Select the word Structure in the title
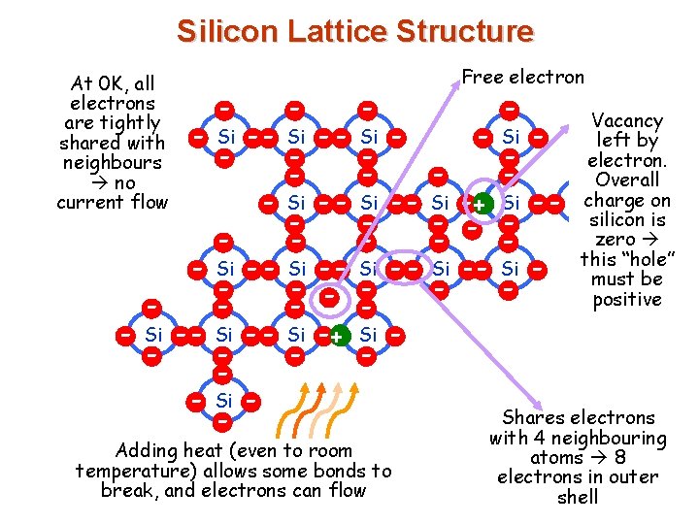[x=466, y=32]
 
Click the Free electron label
[x=523, y=77]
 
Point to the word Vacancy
[x=627, y=121]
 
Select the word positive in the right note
[x=627, y=299]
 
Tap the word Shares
[x=534, y=418]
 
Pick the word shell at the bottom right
[x=579, y=497]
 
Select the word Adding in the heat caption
[x=146, y=451]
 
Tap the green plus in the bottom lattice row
[x=336, y=337]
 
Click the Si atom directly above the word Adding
[x=224, y=401]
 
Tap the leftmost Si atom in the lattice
[x=152, y=335]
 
